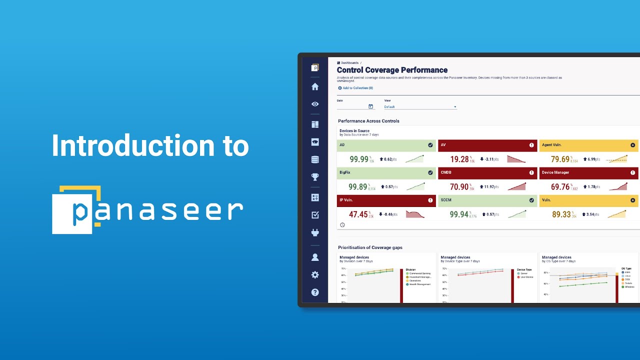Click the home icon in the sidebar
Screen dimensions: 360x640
(x=315, y=86)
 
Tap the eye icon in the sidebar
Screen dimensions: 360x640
(x=315, y=104)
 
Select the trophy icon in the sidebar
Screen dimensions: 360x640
(x=315, y=177)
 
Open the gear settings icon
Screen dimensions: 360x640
(x=315, y=275)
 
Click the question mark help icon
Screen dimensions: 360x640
(x=315, y=292)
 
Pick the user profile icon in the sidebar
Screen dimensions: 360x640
(x=315, y=257)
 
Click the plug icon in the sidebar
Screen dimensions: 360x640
(x=315, y=232)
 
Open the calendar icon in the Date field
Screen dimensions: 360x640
(x=370, y=106)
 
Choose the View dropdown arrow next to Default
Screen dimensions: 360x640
(x=455, y=107)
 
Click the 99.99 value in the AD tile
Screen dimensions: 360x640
(x=359, y=159)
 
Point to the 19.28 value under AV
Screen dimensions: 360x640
(x=459, y=159)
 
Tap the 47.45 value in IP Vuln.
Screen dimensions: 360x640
(x=358, y=214)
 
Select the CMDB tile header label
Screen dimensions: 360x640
(x=446, y=172)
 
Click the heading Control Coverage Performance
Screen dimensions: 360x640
(x=392, y=70)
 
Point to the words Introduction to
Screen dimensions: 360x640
(x=150, y=146)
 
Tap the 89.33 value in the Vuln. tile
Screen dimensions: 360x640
(x=561, y=214)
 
